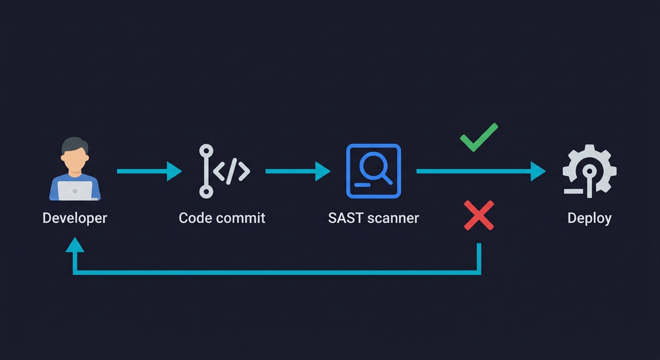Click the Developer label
[x=75, y=218]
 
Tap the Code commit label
[x=222, y=218]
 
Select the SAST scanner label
[x=374, y=218]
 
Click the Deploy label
[x=589, y=218]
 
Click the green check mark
[x=478, y=137]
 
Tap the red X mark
[x=479, y=216]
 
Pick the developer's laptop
[x=75, y=190]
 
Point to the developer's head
[x=75, y=152]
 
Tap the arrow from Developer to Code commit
[x=149, y=171]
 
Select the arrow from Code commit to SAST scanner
[x=298, y=171]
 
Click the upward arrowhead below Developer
[x=75, y=244]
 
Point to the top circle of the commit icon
[x=206, y=151]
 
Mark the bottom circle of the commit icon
[x=206, y=191]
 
